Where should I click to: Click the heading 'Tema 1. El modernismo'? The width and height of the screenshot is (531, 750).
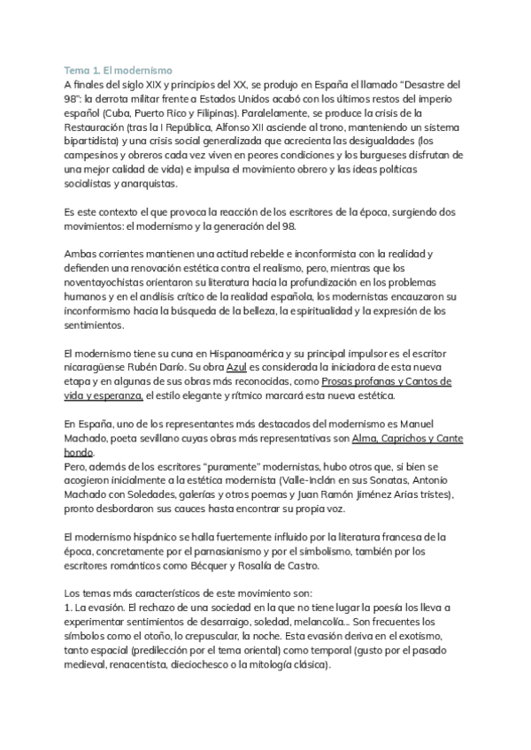119,69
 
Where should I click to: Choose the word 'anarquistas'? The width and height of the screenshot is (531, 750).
144,189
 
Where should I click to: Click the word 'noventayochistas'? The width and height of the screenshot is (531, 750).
110,282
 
